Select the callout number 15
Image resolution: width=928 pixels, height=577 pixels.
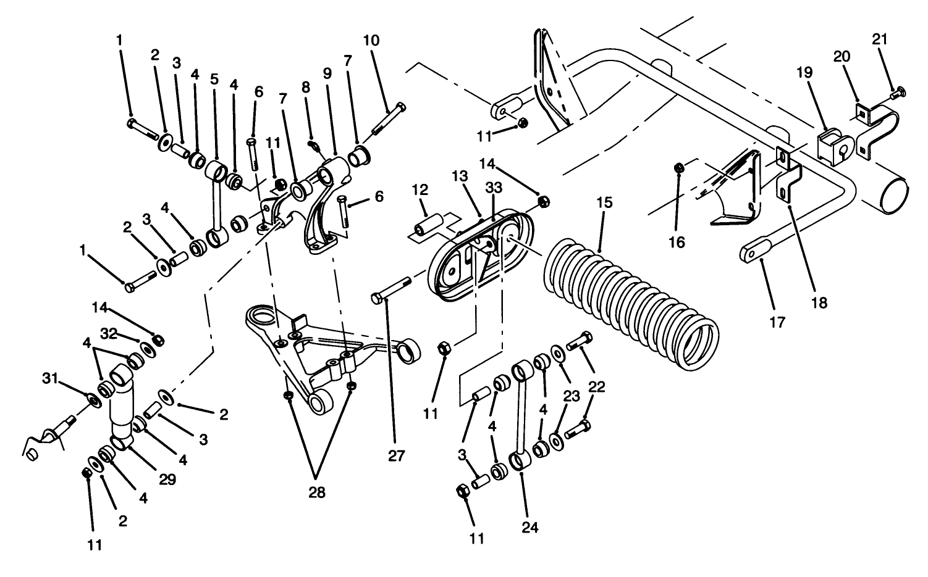pyautogui.click(x=606, y=202)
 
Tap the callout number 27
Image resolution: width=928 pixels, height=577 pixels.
pyautogui.click(x=396, y=456)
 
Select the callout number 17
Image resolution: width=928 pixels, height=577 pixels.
pyautogui.click(x=777, y=322)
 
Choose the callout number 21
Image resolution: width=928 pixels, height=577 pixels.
pyautogui.click(x=880, y=39)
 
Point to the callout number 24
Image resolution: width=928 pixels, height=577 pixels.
pyautogui.click(x=530, y=528)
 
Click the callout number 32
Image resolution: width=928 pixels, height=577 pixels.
pyautogui.click(x=109, y=334)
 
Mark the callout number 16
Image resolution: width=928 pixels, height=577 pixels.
pyautogui.click(x=677, y=243)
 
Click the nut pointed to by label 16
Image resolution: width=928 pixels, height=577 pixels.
pyautogui.click(x=679, y=167)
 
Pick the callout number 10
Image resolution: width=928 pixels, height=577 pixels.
pyautogui.click(x=371, y=41)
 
